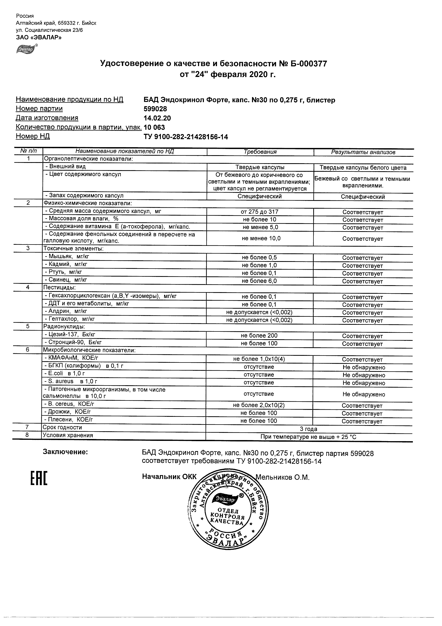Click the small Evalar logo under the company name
[26, 49]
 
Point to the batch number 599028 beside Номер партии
[155, 109]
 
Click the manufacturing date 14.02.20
[157, 118]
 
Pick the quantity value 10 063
[154, 127]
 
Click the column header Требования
[260, 152]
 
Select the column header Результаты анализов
[363, 152]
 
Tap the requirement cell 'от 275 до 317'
[259, 212]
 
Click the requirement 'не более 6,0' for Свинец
[259, 281]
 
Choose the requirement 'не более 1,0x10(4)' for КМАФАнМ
[259, 359]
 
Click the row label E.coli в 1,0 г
[65, 373]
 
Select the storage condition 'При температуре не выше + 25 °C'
[308, 437]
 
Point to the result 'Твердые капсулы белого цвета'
[363, 168]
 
